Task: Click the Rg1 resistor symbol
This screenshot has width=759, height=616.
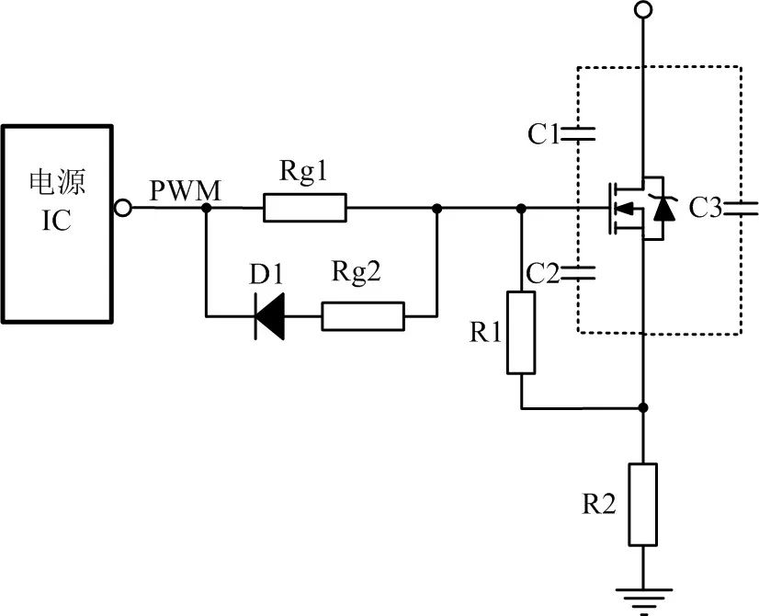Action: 305,209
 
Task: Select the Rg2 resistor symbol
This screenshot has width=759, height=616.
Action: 362,316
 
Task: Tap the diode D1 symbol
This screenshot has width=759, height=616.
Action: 269,316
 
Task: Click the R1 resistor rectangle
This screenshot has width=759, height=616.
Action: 521,333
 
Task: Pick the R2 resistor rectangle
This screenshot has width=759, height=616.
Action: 643,505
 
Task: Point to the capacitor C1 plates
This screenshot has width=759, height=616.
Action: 580,134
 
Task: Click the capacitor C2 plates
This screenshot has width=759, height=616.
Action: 580,271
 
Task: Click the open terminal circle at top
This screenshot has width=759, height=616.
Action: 643,10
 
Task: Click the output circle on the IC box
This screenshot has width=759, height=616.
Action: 122,209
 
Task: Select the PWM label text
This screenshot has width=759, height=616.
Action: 185,191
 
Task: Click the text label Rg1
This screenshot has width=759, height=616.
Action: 304,173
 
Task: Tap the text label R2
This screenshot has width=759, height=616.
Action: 598,504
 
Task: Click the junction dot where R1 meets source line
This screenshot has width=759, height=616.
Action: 643,407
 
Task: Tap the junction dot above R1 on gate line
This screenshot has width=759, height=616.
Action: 521,209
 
